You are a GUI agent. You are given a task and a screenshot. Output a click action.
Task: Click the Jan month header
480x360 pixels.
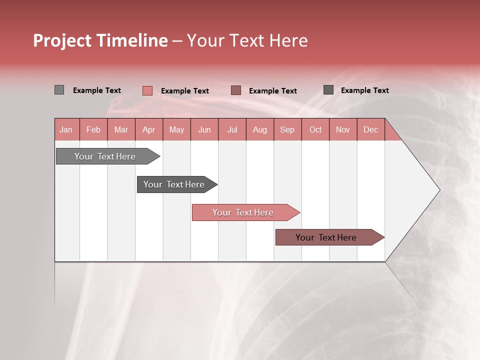click(66, 129)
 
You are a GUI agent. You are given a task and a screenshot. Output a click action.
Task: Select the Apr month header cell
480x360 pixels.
click(149, 129)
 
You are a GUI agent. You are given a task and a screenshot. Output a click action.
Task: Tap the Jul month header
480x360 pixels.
click(232, 129)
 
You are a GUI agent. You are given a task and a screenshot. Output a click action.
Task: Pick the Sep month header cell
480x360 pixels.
click(287, 129)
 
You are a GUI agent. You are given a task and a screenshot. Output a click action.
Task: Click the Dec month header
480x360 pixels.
click(370, 129)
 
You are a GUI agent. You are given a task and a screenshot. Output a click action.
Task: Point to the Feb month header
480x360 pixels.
click(93, 129)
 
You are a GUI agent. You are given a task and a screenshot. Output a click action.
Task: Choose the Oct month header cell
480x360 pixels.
click(315, 129)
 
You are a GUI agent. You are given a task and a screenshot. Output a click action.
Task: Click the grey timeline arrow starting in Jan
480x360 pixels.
click(105, 156)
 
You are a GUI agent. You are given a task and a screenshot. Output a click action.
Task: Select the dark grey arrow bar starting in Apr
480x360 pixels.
click(174, 184)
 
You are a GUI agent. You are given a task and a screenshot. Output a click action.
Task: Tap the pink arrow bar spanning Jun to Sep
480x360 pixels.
click(243, 212)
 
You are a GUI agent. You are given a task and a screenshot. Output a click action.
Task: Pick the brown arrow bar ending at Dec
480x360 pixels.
click(326, 237)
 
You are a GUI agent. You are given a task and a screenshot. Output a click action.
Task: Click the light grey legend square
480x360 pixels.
click(59, 90)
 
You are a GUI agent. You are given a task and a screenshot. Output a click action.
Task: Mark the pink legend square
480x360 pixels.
click(147, 90)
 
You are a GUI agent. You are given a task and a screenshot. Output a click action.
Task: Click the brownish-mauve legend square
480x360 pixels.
click(236, 90)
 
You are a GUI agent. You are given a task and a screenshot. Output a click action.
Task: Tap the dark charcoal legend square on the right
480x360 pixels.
click(328, 89)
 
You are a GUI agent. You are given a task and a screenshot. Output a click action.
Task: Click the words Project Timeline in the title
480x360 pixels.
click(100, 40)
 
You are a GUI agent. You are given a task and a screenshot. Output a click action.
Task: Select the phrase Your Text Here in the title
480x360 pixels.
click(247, 40)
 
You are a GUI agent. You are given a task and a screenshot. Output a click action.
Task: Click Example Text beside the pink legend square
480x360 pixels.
click(184, 91)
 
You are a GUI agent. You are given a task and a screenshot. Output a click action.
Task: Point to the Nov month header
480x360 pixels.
click(343, 129)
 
